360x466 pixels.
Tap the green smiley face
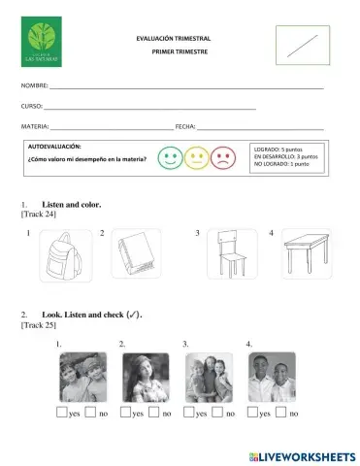tap(170, 157)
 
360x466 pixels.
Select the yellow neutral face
tap(196, 157)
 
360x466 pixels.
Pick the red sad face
tap(222, 157)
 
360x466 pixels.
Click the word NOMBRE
tap(35, 86)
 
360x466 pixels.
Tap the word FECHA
tap(185, 127)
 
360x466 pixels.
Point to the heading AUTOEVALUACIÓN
tap(55, 145)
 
